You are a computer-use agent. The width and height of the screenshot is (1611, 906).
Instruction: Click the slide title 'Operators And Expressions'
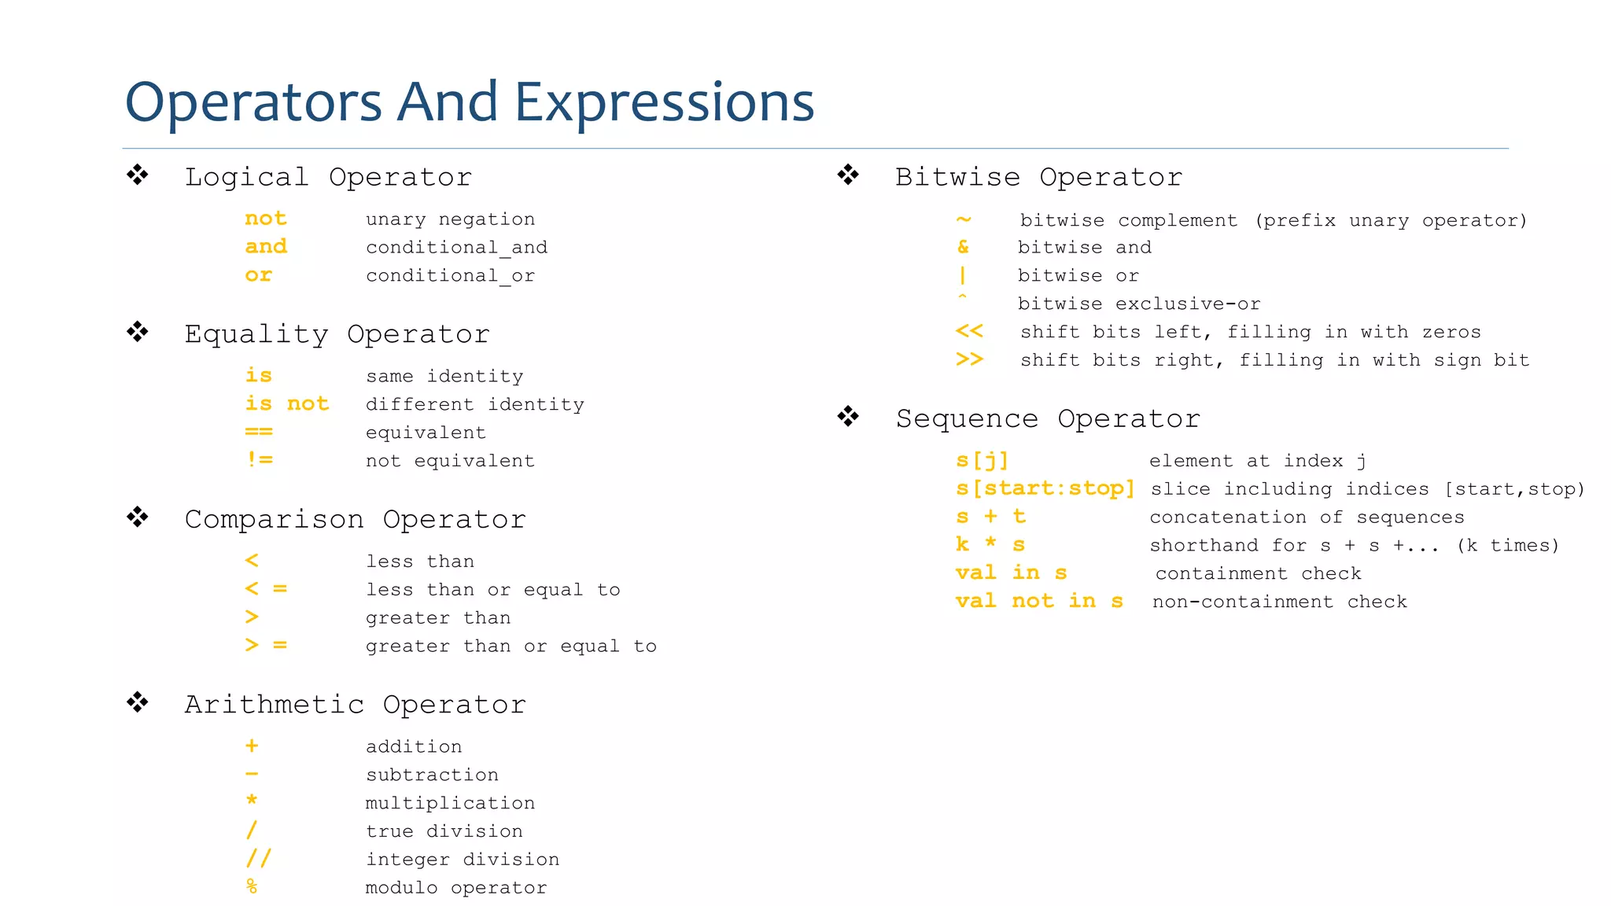(x=469, y=102)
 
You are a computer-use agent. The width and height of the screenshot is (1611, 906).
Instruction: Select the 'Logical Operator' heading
(x=328, y=177)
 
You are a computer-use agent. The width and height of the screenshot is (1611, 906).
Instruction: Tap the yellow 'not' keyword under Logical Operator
(x=266, y=219)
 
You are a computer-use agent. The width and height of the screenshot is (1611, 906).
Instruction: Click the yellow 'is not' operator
(x=286, y=403)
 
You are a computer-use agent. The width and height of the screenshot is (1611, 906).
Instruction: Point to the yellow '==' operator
(x=259, y=432)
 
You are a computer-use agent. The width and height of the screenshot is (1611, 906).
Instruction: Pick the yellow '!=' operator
(x=260, y=459)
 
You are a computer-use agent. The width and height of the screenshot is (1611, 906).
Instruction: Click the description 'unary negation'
(x=450, y=219)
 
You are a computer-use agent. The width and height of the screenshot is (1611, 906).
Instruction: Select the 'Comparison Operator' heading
(x=355, y=519)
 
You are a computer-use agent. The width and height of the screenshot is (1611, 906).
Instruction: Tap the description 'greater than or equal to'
(x=511, y=646)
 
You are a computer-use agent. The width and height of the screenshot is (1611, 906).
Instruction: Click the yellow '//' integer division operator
(x=258, y=858)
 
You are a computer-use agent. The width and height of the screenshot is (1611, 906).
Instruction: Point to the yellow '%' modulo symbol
(x=252, y=886)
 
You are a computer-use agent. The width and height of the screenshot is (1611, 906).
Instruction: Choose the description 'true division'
(x=444, y=831)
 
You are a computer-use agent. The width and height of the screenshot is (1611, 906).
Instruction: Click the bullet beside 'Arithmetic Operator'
(x=138, y=702)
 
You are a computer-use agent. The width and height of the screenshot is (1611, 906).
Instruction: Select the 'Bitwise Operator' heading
(x=1038, y=177)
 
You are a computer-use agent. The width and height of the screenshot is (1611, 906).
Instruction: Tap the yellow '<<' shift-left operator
(x=969, y=331)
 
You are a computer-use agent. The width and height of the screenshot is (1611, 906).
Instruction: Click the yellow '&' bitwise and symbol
(x=963, y=247)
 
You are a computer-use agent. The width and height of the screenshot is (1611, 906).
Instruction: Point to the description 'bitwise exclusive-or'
(x=1138, y=304)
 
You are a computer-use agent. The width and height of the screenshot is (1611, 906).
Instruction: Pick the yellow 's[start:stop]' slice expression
(x=1045, y=488)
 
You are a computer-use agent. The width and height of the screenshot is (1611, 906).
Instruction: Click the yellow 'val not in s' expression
(x=1039, y=602)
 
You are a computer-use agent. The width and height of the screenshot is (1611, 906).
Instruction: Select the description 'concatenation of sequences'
(x=1307, y=517)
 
